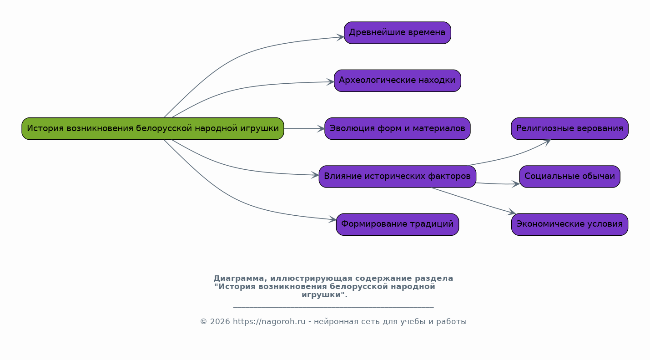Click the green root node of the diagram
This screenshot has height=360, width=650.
pyautogui.click(x=153, y=129)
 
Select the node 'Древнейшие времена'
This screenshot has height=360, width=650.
pyautogui.click(x=397, y=33)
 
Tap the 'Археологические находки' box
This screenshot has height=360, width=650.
pyautogui.click(x=397, y=81)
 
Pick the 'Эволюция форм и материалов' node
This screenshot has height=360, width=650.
pyautogui.click(x=397, y=129)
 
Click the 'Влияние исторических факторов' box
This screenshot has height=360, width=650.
pyautogui.click(x=397, y=177)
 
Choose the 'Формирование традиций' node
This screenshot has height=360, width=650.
pyautogui.click(x=397, y=224)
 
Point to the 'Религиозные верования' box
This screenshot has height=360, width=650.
pyautogui.click(x=569, y=129)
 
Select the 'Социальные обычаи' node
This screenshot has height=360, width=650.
pyautogui.click(x=569, y=177)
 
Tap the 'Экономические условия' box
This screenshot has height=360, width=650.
pyautogui.click(x=569, y=224)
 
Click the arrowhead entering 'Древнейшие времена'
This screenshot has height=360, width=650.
pyautogui.click(x=340, y=37)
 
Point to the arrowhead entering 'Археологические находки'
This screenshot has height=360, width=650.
pyautogui.click(x=330, y=82)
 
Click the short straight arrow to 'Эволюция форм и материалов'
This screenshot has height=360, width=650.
pyautogui.click(x=304, y=129)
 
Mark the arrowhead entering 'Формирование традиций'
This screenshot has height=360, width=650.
pyautogui.click(x=333, y=219)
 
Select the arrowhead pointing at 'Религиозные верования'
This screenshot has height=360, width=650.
pyautogui.click(x=547, y=142)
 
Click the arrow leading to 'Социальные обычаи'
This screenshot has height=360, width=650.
pyautogui.click(x=498, y=184)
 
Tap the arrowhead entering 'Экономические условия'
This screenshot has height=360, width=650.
pyautogui.click(x=512, y=212)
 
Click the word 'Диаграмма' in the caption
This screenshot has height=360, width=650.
pyautogui.click(x=238, y=279)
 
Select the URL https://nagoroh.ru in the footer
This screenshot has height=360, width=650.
pyautogui.click(x=269, y=322)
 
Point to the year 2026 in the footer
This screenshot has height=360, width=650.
pyautogui.click(x=220, y=322)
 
